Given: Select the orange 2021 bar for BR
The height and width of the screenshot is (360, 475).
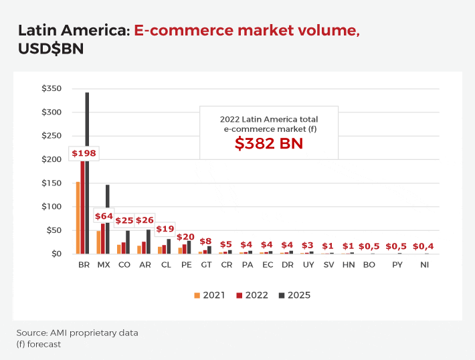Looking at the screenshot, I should point(78,217).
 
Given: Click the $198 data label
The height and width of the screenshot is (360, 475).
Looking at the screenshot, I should point(84,153).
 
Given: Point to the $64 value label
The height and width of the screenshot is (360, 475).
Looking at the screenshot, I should point(104,216).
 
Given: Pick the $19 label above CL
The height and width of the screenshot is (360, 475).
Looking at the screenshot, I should point(165,229).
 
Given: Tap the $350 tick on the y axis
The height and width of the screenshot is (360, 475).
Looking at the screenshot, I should point(52,89).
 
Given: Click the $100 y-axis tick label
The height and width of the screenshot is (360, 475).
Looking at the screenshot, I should point(52,207).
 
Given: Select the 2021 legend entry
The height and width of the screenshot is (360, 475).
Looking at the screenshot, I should point(209,295).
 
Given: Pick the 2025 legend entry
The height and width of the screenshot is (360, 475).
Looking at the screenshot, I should point(295,295).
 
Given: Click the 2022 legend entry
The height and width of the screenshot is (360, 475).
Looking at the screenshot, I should point(252,295).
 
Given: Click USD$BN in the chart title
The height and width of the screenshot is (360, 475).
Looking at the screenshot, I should point(51,50).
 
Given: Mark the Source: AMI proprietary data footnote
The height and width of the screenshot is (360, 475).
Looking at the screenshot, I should point(77,333).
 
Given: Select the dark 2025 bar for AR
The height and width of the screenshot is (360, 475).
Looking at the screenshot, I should point(148,242).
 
